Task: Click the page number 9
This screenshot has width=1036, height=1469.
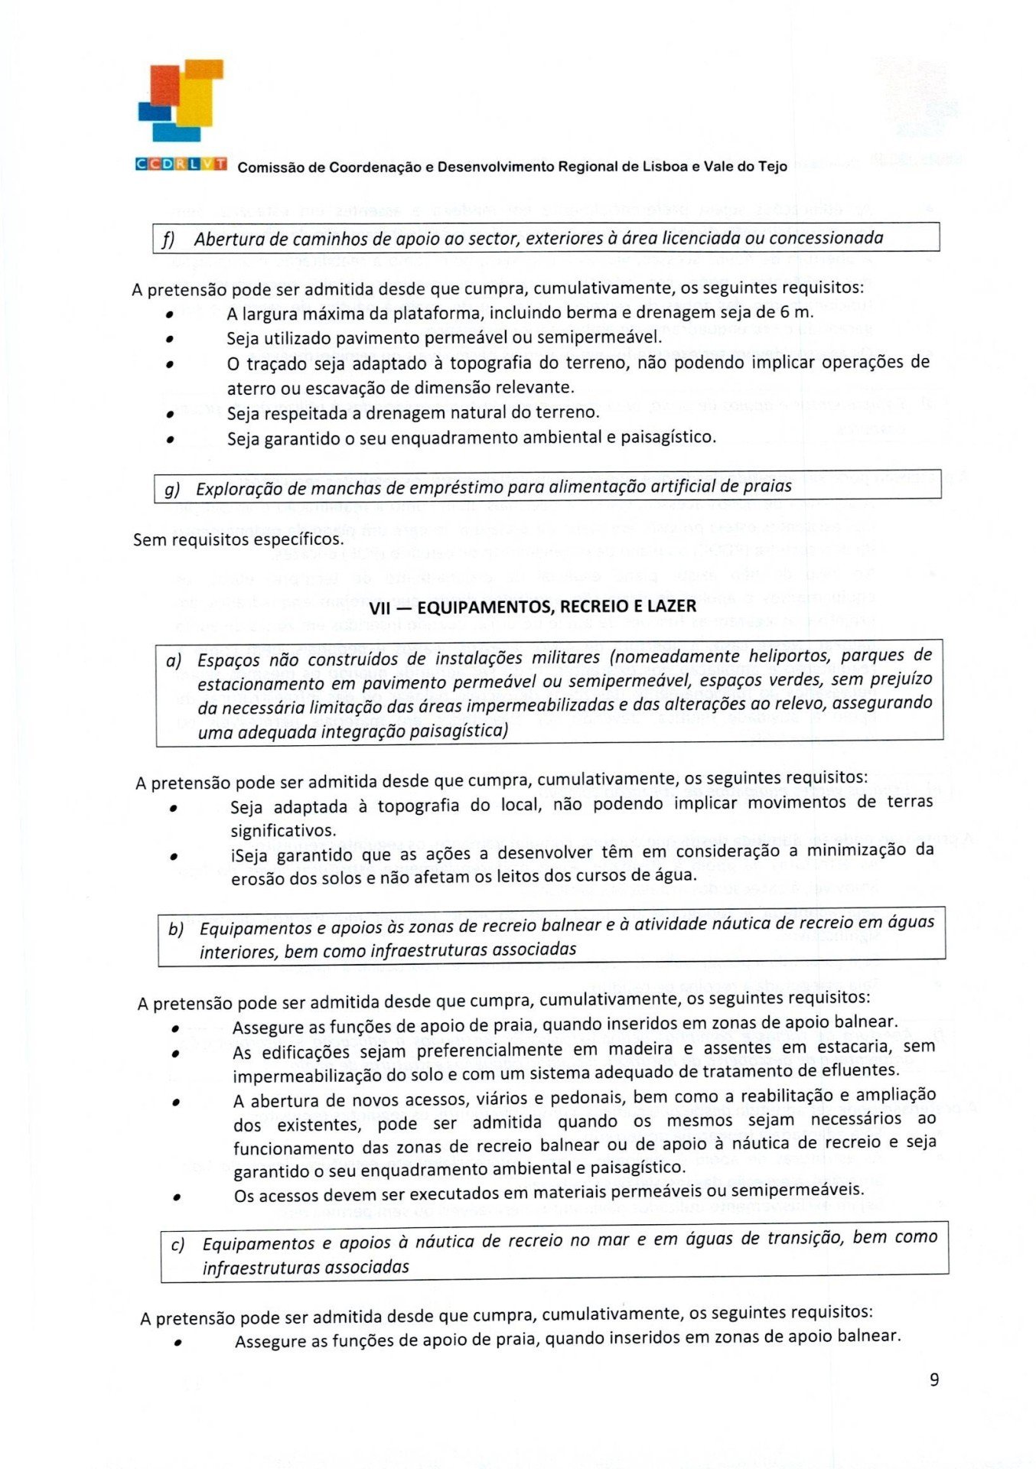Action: pos(934,1379)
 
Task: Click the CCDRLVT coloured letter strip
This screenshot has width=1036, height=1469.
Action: pos(181,164)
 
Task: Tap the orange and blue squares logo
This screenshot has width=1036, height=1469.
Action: pos(181,100)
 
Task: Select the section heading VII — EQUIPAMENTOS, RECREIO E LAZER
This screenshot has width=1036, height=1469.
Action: pos(533,607)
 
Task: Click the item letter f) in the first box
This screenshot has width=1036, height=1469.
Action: pos(168,239)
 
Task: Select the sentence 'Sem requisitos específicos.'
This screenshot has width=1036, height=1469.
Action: pos(238,539)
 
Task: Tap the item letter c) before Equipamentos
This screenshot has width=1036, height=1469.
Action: pos(178,1245)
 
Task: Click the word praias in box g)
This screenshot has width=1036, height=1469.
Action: pos(767,486)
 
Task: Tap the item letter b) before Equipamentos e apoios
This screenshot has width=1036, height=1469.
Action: pos(176,929)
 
